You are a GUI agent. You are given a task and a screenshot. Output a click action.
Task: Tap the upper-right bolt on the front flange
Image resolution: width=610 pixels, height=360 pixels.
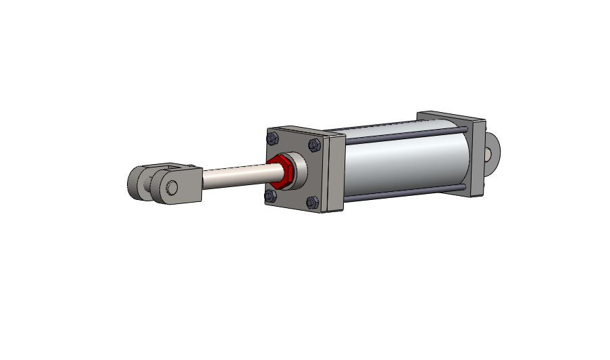click(314, 145)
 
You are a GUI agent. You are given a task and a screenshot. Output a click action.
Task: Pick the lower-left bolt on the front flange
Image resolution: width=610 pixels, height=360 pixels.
click(270, 196)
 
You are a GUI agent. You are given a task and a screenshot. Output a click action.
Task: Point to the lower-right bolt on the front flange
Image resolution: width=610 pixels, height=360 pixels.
click(312, 201)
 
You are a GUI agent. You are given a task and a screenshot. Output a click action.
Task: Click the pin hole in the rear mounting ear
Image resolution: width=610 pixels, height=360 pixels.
click(488, 153)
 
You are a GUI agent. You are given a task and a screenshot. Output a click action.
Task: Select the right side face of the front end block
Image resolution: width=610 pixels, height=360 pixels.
click(336, 173)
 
